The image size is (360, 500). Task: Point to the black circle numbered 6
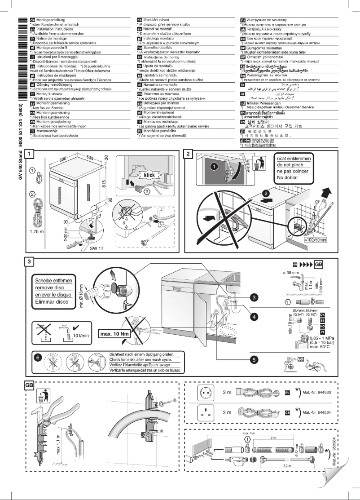pyautogui.click(x=38, y=357)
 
